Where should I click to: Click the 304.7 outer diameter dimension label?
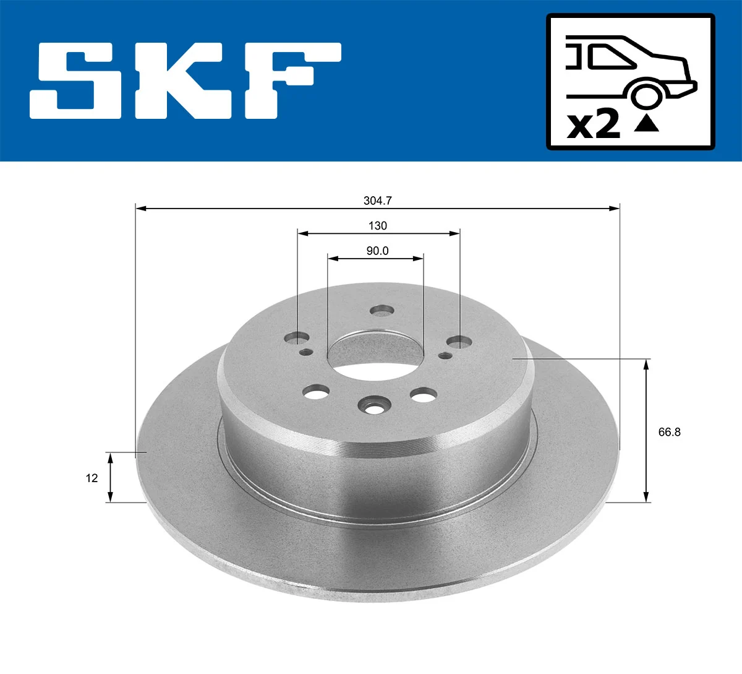coord(378,201)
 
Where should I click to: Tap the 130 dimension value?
coord(377,226)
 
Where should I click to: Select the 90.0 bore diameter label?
coord(377,251)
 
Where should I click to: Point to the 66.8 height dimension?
coord(669,432)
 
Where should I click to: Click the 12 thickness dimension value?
coord(92,478)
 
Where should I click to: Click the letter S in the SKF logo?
coord(75,80)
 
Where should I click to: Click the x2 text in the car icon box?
coord(594,125)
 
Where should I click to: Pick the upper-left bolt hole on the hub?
coord(297,339)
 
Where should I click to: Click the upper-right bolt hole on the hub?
coord(459,342)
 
